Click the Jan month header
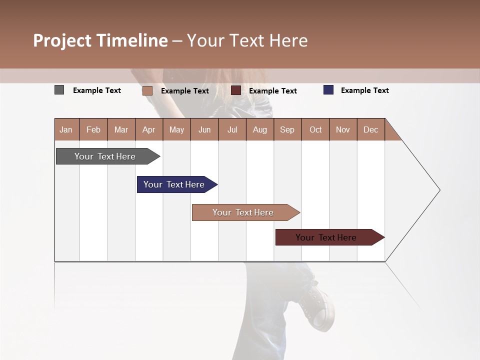(x=66, y=129)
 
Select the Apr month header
(x=148, y=129)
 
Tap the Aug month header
(x=259, y=129)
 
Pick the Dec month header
(x=370, y=129)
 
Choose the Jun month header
(x=204, y=129)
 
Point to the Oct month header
(x=315, y=129)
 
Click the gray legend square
(x=59, y=90)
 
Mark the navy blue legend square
(x=328, y=90)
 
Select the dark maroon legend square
(x=236, y=90)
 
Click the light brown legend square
(x=147, y=90)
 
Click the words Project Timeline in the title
(x=100, y=40)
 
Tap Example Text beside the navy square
(x=364, y=90)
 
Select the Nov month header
(x=343, y=129)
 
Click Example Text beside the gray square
(x=96, y=90)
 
